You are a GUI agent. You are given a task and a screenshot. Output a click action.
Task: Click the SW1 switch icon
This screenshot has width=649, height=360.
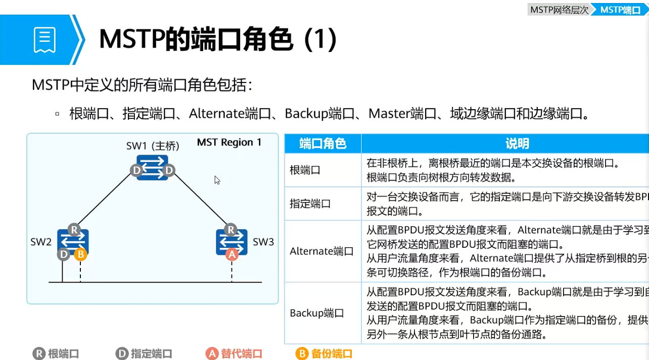coord(152,167)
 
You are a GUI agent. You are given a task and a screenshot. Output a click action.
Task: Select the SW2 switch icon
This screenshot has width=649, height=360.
coord(74,242)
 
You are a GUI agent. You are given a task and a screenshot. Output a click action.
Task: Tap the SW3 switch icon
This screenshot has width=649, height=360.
coord(231,242)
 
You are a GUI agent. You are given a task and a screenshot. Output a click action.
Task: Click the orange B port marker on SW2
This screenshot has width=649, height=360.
coord(80,254)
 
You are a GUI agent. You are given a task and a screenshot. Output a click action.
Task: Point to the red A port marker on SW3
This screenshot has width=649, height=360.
coord(231,254)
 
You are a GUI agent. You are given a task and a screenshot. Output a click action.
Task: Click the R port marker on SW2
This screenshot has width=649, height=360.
coord(74,230)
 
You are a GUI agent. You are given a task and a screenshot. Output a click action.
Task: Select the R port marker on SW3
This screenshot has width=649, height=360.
coord(231,230)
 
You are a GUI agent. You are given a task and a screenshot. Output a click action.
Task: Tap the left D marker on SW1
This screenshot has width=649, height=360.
coord(136,170)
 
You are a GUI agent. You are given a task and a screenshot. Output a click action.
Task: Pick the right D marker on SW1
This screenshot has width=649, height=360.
coord(168,170)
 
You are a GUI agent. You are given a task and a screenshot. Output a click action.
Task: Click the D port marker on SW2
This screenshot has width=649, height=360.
coord(64,254)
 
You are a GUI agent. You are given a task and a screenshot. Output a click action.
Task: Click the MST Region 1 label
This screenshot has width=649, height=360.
coord(229,143)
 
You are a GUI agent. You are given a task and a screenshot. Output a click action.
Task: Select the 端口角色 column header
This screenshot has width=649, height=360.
coord(322,144)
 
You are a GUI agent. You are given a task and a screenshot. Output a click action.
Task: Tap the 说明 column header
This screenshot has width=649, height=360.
coord(517,144)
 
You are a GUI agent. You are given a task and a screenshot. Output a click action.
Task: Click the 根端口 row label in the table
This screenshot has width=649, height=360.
coord(305,170)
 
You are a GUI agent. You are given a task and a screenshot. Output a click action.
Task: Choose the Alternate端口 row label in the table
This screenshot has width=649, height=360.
coord(321,251)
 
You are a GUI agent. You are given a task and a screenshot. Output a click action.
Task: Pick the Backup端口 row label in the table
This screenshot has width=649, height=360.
coord(317,313)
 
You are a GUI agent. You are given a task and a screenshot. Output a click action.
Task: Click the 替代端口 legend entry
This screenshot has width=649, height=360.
coord(235,354)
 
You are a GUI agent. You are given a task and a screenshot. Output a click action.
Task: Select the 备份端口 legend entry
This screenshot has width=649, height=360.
coord(324,354)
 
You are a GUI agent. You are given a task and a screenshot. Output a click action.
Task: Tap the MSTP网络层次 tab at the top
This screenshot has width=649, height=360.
coord(559,10)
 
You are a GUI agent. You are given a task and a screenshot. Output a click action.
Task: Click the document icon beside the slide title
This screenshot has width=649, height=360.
coord(44,40)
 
